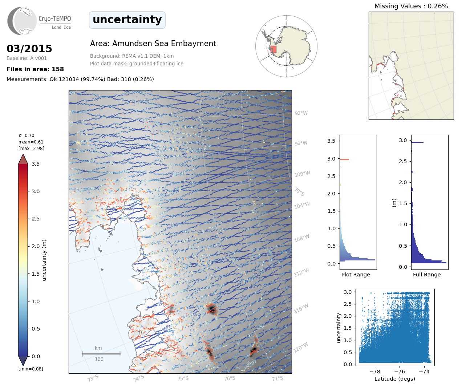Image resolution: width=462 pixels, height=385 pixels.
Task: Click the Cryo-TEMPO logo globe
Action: click(x=23, y=21)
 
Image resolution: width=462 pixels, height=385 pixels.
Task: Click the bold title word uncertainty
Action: click(x=127, y=20)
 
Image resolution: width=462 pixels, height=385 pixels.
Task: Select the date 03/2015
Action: click(x=29, y=49)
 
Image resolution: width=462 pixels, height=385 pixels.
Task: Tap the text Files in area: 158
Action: click(x=35, y=69)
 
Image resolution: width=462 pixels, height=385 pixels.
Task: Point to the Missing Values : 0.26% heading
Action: click(x=411, y=6)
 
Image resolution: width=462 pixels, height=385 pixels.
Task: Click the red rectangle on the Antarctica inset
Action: click(x=273, y=49)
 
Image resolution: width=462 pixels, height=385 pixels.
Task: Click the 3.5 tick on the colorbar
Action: click(x=36, y=164)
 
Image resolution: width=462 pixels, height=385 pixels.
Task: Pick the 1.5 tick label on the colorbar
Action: click(x=36, y=274)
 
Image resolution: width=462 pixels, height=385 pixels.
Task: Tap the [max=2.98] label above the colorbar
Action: click(x=31, y=149)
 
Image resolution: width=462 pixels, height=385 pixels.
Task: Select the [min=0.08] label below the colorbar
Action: click(x=31, y=369)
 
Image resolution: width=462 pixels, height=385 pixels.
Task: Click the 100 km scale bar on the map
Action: click(x=101, y=354)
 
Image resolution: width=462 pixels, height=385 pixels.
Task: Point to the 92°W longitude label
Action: click(x=301, y=113)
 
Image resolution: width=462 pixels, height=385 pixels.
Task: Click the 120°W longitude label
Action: click(x=301, y=348)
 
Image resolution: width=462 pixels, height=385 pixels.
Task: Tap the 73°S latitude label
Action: click(x=93, y=378)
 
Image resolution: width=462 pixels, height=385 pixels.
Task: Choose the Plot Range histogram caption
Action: click(x=356, y=275)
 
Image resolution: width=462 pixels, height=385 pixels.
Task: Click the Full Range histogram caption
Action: click(x=427, y=275)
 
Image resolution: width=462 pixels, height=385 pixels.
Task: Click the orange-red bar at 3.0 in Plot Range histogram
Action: click(x=344, y=159)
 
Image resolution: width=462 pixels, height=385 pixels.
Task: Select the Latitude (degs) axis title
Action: click(x=395, y=379)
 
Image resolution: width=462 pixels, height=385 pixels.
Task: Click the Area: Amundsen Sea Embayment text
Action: click(x=153, y=44)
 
